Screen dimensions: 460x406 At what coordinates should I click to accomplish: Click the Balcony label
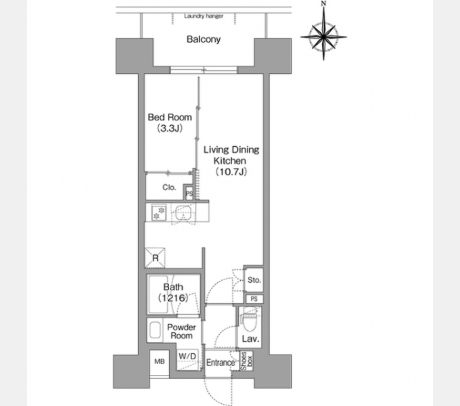click(204, 39)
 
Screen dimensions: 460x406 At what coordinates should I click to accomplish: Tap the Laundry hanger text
click(204, 16)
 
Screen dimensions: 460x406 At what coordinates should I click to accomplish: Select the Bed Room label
click(170, 117)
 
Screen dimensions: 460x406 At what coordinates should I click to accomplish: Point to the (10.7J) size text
click(231, 172)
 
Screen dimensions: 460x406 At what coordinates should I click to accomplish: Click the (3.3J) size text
click(170, 128)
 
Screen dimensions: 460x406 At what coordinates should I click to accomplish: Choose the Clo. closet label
click(169, 187)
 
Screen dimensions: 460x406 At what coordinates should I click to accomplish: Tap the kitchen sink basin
click(183, 212)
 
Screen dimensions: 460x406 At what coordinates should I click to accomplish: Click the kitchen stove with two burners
click(159, 212)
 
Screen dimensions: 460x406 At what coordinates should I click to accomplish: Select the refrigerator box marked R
click(155, 258)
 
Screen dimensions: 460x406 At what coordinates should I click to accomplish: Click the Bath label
click(173, 287)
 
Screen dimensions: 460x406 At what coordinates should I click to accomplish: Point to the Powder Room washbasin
click(155, 331)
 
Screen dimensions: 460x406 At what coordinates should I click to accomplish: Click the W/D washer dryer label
click(187, 356)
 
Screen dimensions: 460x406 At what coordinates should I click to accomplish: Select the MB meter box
click(160, 362)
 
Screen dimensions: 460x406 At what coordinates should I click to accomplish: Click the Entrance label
click(221, 363)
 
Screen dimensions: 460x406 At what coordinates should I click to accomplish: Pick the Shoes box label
click(246, 361)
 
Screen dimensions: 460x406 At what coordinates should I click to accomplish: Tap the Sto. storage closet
click(254, 280)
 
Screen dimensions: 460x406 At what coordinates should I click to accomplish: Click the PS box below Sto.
click(254, 299)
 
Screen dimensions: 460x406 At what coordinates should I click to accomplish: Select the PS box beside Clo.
click(189, 194)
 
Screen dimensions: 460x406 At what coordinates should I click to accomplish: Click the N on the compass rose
click(323, 3)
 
